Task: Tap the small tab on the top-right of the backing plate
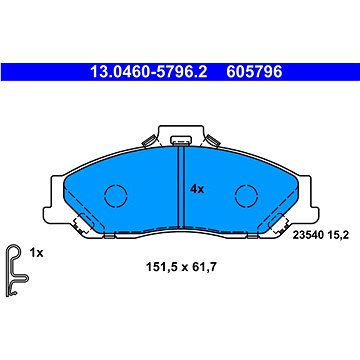pos(218,137)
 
